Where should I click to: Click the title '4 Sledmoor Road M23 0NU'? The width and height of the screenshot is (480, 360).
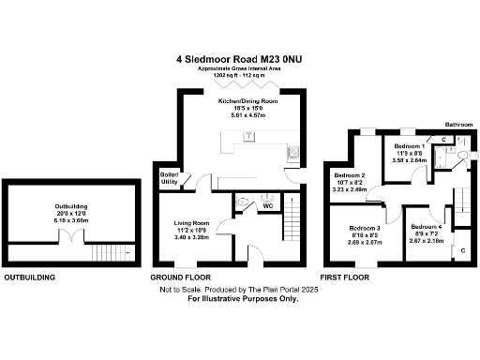click(x=239, y=58)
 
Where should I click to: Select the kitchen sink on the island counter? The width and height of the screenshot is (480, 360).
click(x=247, y=136)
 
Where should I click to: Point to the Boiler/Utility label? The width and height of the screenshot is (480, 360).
click(x=170, y=179)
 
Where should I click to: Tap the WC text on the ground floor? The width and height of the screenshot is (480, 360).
click(x=267, y=205)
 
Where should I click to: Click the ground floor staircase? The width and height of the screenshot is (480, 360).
click(x=291, y=225)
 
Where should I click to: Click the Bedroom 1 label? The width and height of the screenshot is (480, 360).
click(x=410, y=153)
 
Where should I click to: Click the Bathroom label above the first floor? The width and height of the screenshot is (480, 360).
click(x=458, y=124)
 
